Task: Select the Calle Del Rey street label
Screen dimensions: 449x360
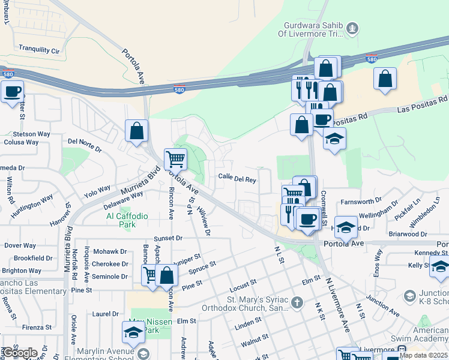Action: tap(237, 178)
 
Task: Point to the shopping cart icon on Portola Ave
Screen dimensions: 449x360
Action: tap(175, 159)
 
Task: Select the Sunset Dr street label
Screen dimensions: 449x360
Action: tap(168, 238)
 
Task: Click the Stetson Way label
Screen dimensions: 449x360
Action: tap(35, 134)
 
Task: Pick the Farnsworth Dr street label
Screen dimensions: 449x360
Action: tap(361, 201)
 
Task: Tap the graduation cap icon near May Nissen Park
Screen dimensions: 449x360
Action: tap(133, 332)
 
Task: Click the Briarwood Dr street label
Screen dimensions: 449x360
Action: tap(407, 234)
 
